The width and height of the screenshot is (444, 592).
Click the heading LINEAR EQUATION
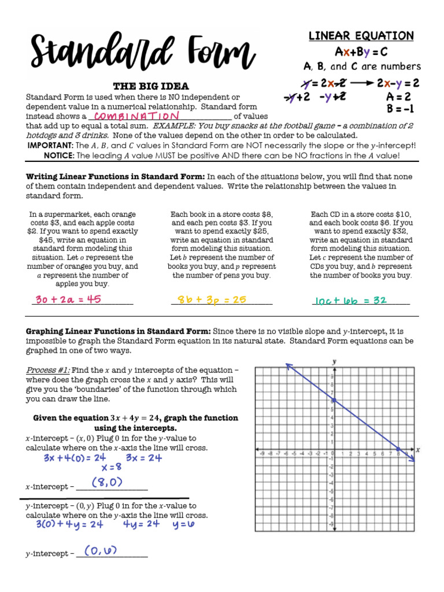pyautogui.click(x=361, y=36)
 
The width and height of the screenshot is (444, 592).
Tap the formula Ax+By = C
pyautogui.click(x=361, y=51)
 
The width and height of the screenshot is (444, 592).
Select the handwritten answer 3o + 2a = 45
pyautogui.click(x=68, y=299)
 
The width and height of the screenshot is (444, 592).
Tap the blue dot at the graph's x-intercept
pyautogui.click(x=398, y=449)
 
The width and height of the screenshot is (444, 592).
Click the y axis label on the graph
pyautogui.click(x=334, y=361)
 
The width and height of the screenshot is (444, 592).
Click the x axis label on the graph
pyautogui.click(x=417, y=449)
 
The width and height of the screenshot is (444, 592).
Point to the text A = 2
pyautogui.click(x=398, y=97)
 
